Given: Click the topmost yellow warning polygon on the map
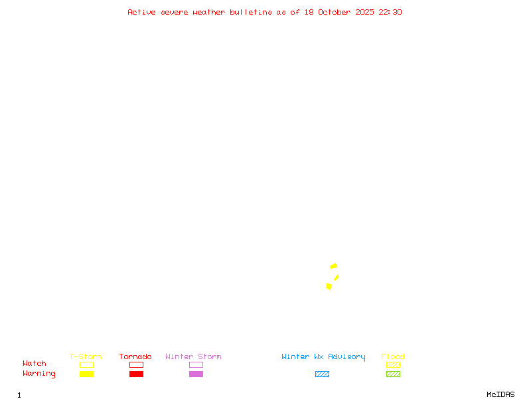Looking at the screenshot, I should point(334,266).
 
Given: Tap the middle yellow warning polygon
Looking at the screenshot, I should point(337,277).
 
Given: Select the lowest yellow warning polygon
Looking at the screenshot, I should point(329,286).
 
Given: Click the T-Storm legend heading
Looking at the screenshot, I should point(86,356).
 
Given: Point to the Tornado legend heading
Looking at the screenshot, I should point(135,356).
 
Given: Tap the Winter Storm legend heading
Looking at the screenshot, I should point(193,356).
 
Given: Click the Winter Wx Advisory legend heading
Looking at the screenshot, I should point(323,356).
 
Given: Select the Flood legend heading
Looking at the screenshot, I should point(393,356).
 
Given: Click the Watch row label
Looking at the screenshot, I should point(35,364).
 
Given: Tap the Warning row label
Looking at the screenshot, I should point(39,374).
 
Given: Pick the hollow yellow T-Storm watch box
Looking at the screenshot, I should point(86,364).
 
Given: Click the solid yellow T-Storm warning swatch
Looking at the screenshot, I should point(86,374).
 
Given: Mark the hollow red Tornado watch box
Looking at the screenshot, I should point(136,364).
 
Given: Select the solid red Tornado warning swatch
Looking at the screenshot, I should point(136,374).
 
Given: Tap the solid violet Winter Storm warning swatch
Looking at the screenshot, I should point(196,374).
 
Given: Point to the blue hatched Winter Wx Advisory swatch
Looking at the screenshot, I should point(322,374).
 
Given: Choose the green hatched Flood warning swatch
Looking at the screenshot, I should point(393,374).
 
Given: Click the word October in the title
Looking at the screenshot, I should point(335,12).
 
